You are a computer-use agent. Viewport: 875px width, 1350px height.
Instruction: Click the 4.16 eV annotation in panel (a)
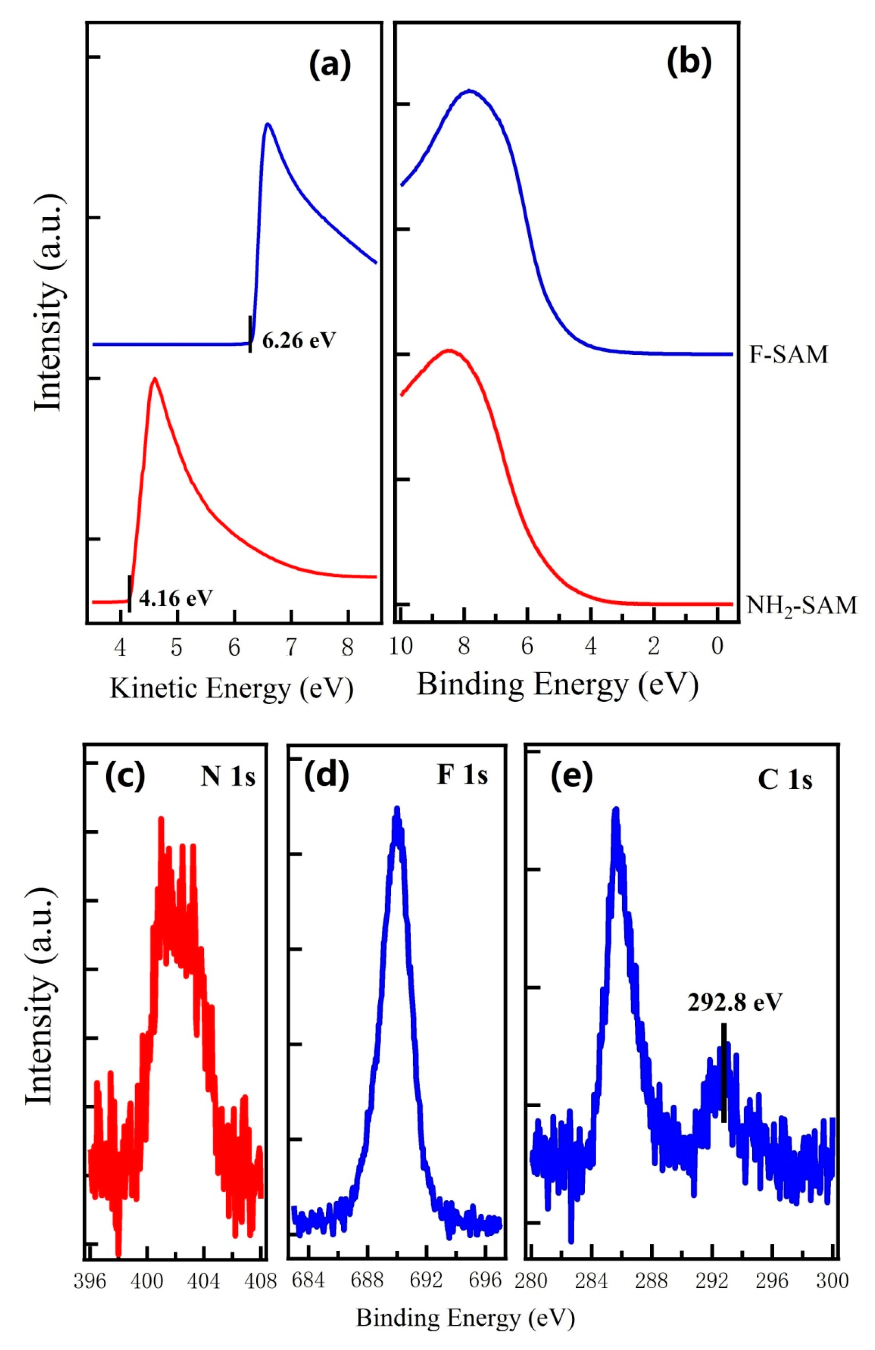(176, 598)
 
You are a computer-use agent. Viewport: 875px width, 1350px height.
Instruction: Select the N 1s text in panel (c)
(227, 777)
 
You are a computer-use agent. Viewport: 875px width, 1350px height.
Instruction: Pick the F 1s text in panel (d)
(462, 775)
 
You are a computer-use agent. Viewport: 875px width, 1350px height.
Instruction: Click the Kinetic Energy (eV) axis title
(232, 688)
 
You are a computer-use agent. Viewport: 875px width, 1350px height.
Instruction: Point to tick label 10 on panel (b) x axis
(401, 647)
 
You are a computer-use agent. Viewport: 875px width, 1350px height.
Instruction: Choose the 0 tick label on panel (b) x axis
(717, 647)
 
